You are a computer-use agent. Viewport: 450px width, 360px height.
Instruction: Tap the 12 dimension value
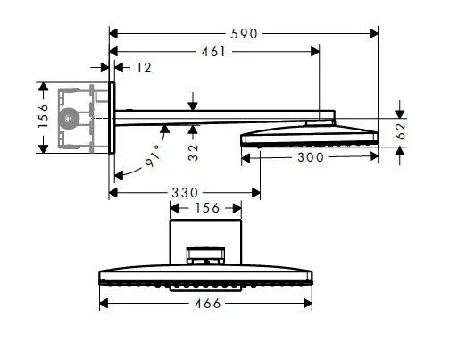[x=142, y=67]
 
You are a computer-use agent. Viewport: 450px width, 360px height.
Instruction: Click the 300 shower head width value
[x=312, y=156]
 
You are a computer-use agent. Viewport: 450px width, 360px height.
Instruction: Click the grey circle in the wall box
[x=69, y=117]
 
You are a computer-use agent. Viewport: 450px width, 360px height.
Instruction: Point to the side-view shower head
[x=308, y=137]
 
